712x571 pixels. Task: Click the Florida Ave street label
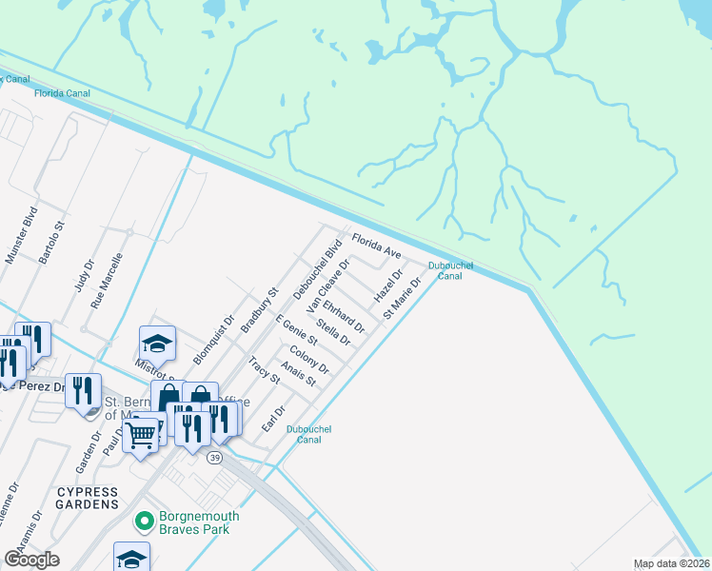376,246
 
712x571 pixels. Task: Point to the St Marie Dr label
401,298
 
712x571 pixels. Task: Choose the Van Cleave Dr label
323,291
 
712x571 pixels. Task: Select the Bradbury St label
258,309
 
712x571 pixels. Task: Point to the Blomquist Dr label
213,341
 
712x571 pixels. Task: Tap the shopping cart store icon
141,435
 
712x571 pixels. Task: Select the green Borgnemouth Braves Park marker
144,521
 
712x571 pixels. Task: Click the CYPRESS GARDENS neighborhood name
88,503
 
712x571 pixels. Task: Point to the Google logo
32,560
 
